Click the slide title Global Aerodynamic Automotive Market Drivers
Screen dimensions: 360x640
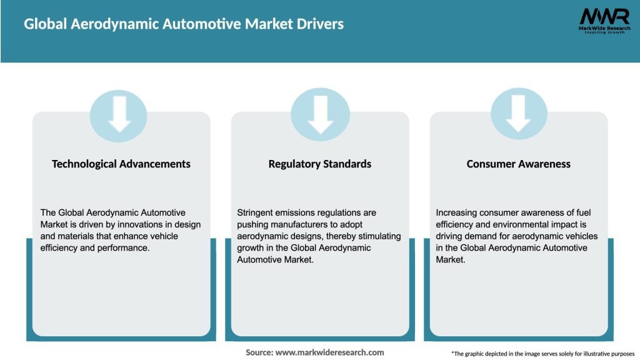coord(183,24)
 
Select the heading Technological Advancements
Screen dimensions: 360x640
coord(121,164)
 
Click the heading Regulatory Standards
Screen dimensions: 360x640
coord(320,164)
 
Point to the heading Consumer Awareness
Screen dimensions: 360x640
coord(519,164)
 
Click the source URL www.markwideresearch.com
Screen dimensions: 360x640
coord(330,352)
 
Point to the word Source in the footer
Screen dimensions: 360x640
coord(259,352)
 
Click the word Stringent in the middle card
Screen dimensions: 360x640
coord(257,213)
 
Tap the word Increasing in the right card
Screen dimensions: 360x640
coord(457,213)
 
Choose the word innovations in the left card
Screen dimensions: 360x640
coord(135,224)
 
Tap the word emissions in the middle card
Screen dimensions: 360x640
coord(297,213)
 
